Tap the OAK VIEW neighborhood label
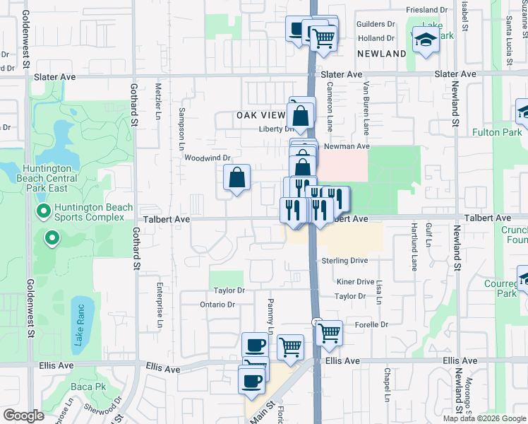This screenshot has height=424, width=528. tap(260, 114)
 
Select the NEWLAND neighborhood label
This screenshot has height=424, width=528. tap(381, 54)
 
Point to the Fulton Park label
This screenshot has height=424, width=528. tap(497, 132)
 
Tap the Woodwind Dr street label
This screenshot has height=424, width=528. tap(208, 158)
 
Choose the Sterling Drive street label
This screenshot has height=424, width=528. tap(345, 261)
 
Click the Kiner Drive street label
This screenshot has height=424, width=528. tap(355, 281)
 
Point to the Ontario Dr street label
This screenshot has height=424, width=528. tap(217, 305)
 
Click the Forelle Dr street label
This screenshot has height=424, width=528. tap(371, 324)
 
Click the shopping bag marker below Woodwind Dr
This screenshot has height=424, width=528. tap(237, 177)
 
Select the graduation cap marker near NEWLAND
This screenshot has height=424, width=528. tap(426, 42)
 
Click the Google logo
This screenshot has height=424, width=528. tap(23, 416)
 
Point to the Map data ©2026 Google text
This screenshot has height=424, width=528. tap(484, 418)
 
